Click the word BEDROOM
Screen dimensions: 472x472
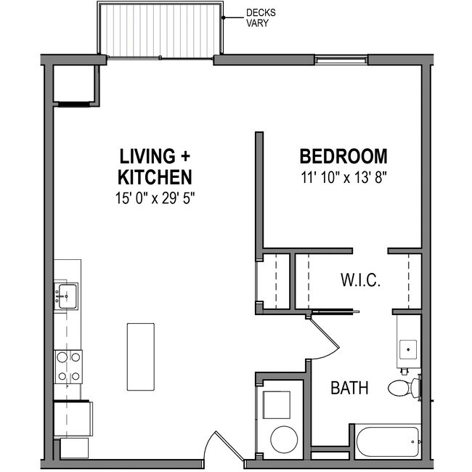(343, 156)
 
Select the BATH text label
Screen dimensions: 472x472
(349, 388)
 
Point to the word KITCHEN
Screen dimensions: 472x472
(155, 176)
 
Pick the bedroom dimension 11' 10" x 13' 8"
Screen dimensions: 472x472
(343, 176)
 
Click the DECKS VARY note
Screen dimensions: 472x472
(259, 17)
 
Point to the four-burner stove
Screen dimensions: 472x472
(68, 367)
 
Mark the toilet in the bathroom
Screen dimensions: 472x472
(403, 388)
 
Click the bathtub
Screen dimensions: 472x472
(388, 442)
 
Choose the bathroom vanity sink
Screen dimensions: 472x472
(409, 349)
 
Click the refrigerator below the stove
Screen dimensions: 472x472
(72, 418)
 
